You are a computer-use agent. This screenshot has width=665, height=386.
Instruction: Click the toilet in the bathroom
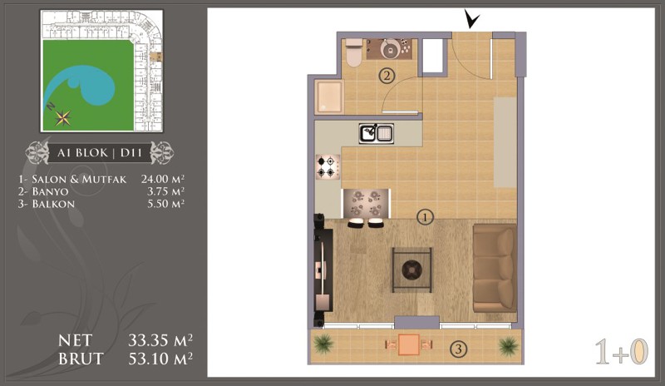click(354, 52)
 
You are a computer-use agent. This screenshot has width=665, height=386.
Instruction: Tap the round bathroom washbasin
click(389, 49)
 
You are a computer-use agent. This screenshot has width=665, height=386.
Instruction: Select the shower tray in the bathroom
click(329, 97)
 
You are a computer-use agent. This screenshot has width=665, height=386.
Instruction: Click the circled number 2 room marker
click(387, 77)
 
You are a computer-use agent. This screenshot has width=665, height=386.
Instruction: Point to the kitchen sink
click(377, 133)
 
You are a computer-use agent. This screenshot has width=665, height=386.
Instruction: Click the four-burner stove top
click(328, 166)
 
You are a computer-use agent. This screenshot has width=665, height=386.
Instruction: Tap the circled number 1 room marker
click(425, 217)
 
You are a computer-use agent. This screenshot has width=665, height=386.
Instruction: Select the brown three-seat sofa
click(495, 268)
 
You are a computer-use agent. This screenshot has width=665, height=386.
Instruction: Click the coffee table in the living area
click(411, 270)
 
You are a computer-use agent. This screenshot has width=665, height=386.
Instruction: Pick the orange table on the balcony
click(409, 344)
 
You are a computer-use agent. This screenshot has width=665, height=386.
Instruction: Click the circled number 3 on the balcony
click(458, 349)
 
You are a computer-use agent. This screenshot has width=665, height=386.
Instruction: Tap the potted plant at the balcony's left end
click(324, 344)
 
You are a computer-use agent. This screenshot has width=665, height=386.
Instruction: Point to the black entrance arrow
click(471, 19)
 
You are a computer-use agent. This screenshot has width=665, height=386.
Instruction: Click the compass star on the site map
click(63, 118)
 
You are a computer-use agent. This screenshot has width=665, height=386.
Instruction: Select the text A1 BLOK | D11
click(100, 153)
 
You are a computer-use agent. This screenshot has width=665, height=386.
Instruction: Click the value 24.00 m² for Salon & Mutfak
click(163, 179)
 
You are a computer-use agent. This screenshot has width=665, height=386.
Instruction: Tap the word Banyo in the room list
click(50, 191)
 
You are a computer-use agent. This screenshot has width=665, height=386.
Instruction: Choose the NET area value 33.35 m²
click(160, 340)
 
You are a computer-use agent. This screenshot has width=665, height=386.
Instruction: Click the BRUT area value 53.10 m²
click(160, 359)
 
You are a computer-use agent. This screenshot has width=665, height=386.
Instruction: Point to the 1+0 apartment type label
click(622, 352)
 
